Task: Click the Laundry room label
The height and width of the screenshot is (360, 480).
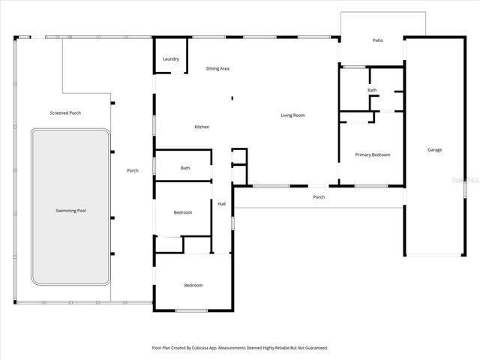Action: click(x=170, y=58)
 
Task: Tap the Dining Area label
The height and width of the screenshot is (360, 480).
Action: click(x=217, y=68)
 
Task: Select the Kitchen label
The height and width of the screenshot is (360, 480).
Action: click(x=202, y=127)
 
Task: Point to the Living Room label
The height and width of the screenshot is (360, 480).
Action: click(x=292, y=115)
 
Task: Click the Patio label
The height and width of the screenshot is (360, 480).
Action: click(x=378, y=40)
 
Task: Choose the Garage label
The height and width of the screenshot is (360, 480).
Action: click(x=435, y=150)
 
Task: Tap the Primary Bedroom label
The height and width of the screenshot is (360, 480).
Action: click(x=373, y=154)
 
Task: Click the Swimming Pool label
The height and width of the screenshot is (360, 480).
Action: click(x=71, y=211)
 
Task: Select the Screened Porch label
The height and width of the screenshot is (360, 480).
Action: click(x=65, y=113)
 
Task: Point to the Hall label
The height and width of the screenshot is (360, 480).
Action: click(x=222, y=203)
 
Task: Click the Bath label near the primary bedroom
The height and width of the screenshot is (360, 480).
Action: click(x=372, y=90)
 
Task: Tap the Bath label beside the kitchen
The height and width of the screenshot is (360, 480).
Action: click(x=185, y=168)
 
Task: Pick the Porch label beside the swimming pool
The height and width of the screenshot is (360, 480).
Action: click(x=133, y=170)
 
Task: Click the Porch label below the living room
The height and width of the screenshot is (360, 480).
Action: click(x=319, y=197)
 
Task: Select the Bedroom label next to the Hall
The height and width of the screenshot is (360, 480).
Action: click(x=183, y=212)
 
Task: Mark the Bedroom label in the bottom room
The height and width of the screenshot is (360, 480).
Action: click(x=193, y=285)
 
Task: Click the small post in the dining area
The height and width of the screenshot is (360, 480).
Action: click(x=232, y=97)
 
